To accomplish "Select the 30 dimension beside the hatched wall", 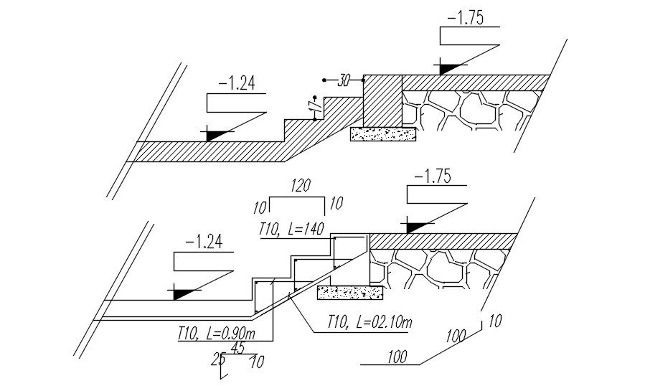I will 344,81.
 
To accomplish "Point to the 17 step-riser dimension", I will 312,105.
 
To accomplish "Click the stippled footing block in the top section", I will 383,133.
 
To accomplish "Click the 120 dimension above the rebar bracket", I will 301,187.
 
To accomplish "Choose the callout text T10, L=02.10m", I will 369,324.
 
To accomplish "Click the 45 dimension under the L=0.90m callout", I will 237,348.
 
